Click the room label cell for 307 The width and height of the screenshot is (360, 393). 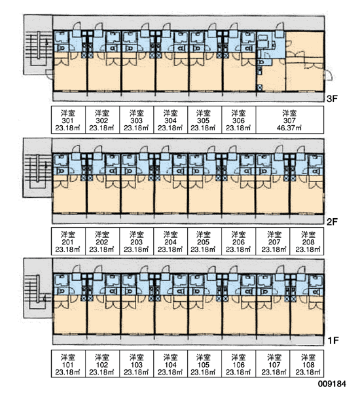click(x=289, y=120)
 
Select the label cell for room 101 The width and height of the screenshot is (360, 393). click(x=68, y=364)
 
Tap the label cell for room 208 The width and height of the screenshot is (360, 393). click(x=307, y=241)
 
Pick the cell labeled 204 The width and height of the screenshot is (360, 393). click(x=171, y=241)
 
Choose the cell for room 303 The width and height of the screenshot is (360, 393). click(x=137, y=120)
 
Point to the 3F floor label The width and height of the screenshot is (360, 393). click(x=333, y=99)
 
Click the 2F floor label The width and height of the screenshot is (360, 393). click(x=333, y=221)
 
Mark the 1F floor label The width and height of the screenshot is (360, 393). click(x=333, y=341)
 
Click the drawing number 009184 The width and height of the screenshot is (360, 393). click(x=333, y=384)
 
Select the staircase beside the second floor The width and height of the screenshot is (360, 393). click(x=37, y=168)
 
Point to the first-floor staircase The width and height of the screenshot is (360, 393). click(x=38, y=288)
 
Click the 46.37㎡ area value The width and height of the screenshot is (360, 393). click(x=289, y=128)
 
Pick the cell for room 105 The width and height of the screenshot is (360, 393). click(x=204, y=364)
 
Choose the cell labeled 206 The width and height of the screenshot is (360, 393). click(x=239, y=241)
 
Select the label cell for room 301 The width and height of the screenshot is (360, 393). click(x=68, y=120)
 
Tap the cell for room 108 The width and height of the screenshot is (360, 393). click(x=307, y=364)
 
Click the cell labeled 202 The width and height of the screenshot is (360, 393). click(x=103, y=241)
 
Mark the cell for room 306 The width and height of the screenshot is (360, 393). click(x=239, y=120)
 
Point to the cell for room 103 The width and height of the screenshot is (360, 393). click(x=137, y=364)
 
